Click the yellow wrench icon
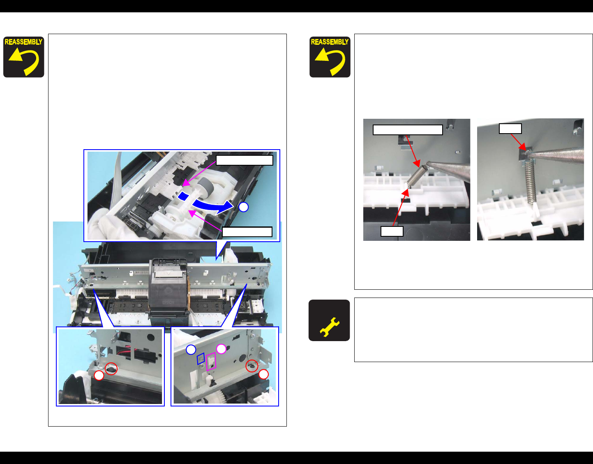pos(330,327)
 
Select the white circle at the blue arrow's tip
pos(243,207)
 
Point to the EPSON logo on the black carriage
pos(168,302)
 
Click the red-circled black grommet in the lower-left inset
pos(111,369)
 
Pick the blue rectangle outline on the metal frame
pos(201,359)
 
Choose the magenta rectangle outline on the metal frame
pos(211,361)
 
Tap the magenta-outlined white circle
pos(222,349)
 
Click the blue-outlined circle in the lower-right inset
pos(191,350)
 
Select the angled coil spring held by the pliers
pos(417,175)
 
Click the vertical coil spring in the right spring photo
pos(530,182)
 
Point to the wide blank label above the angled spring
pos(408,130)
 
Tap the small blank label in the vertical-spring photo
pos(510,129)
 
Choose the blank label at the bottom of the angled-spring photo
pos(392,231)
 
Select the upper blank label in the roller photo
pos(245,160)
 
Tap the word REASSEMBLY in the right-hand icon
pos(330,42)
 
